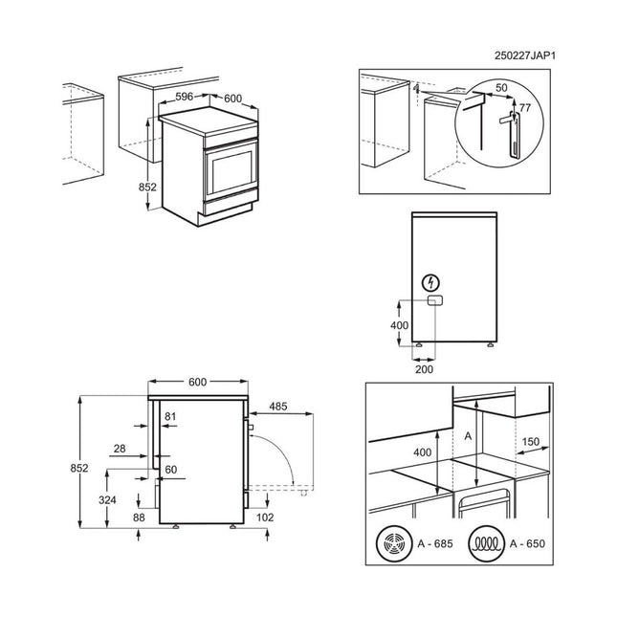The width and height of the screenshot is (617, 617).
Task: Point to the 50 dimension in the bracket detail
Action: click(x=500, y=88)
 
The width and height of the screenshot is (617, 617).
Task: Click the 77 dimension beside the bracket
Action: click(x=524, y=108)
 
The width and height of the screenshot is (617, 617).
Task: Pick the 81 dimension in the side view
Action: click(x=170, y=416)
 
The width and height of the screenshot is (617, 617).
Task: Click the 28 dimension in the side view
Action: click(x=119, y=449)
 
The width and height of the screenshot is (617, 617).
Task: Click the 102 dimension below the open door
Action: click(x=265, y=518)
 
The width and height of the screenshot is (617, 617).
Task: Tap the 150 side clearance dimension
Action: click(x=532, y=442)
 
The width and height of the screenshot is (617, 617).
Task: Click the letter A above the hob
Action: click(x=467, y=435)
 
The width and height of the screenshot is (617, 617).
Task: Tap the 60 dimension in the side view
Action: click(x=170, y=470)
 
